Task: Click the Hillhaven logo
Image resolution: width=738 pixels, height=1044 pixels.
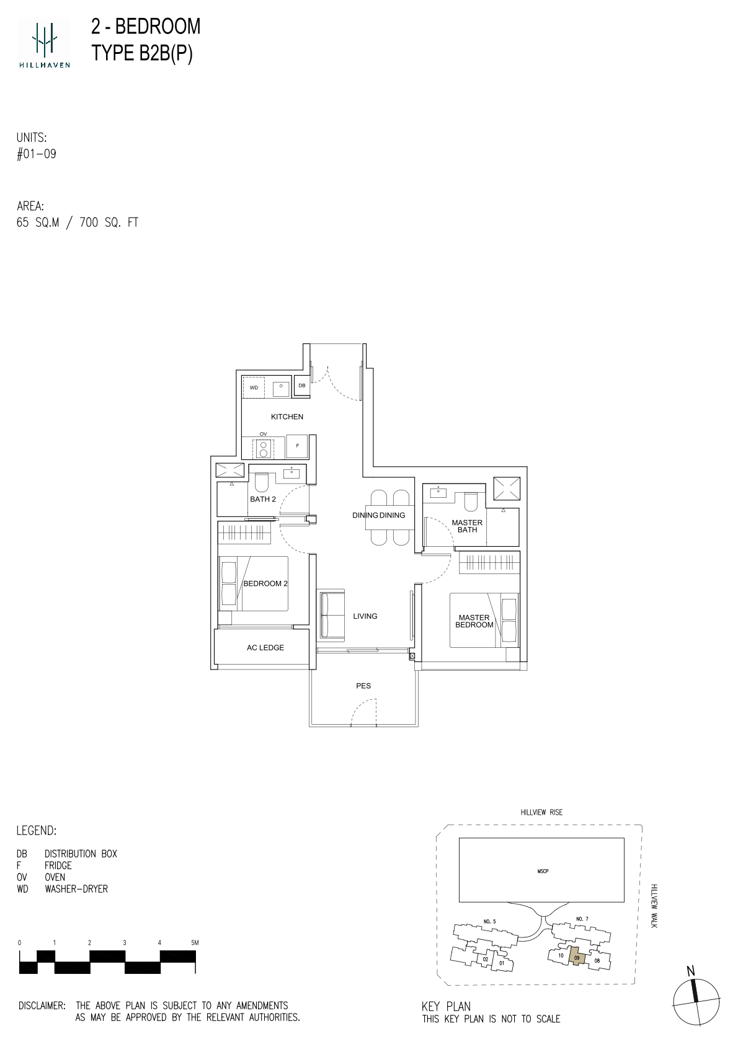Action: (x=44, y=43)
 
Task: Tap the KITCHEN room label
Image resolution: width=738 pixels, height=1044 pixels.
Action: (x=287, y=417)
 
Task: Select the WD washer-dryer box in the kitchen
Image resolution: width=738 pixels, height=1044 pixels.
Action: (x=254, y=387)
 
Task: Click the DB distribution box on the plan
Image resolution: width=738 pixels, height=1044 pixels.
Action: (x=301, y=386)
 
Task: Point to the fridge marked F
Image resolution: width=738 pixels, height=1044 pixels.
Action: (x=297, y=446)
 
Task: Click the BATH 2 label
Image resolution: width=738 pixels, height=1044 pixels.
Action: (x=263, y=499)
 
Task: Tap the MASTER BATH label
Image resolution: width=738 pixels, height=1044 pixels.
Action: (x=467, y=526)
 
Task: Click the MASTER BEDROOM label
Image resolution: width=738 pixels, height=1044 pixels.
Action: (x=474, y=621)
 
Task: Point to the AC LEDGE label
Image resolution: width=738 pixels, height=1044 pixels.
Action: (x=265, y=647)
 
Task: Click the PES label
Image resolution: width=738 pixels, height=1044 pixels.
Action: (x=363, y=686)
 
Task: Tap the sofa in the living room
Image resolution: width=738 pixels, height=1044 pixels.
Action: (x=331, y=615)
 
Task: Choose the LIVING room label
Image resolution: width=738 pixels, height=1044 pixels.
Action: (x=365, y=616)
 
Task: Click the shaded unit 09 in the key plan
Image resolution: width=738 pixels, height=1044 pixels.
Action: (x=577, y=958)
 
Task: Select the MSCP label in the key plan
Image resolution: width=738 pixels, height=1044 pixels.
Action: (x=543, y=871)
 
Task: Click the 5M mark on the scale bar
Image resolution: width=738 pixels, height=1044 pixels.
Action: (x=194, y=942)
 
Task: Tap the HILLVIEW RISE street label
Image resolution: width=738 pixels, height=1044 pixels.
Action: (x=542, y=812)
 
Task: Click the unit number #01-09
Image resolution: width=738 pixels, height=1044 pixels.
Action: (x=37, y=154)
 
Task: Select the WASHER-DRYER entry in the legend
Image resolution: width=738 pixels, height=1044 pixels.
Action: (x=76, y=889)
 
